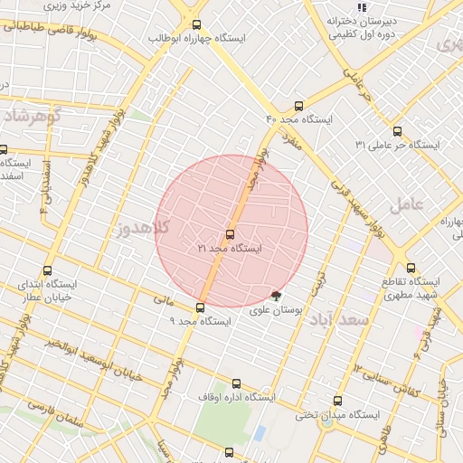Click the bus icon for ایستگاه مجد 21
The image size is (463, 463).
point(230,234)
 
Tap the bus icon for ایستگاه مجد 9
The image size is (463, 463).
point(200,307)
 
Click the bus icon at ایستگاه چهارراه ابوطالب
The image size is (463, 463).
point(197,25)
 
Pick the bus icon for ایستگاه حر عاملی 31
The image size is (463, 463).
point(397,131)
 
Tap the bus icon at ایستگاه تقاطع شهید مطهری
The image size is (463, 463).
point(411,268)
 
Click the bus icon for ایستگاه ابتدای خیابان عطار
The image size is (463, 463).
point(48,269)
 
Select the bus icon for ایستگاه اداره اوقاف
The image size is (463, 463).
point(237,383)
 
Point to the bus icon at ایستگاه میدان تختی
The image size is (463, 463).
point(337,401)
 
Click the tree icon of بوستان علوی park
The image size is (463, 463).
point(276,295)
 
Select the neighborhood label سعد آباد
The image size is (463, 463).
point(352,320)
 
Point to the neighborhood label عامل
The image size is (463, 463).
point(406,205)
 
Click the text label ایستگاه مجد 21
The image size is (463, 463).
point(229,248)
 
